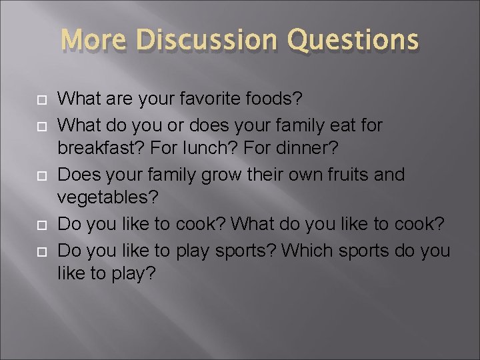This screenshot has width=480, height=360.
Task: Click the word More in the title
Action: pos(95,40)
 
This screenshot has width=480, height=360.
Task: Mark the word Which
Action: pos(305,251)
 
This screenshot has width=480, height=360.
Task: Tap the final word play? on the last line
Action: pos(135,275)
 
